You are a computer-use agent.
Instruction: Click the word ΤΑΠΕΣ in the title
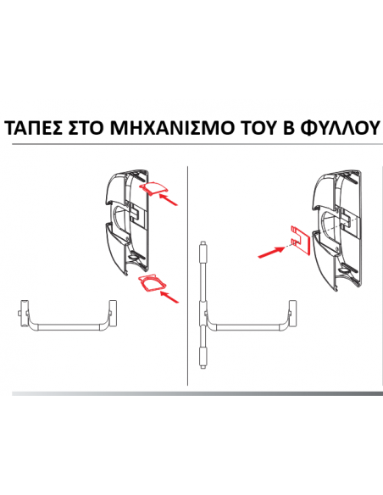pos(34,130)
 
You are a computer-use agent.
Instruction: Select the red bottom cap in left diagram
pos(149,284)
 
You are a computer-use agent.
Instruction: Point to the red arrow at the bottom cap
pos(172,297)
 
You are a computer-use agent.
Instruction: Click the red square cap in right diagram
pos(298,240)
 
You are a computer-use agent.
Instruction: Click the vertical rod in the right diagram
pos(203,305)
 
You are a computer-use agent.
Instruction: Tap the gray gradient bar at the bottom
pos(191,393)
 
